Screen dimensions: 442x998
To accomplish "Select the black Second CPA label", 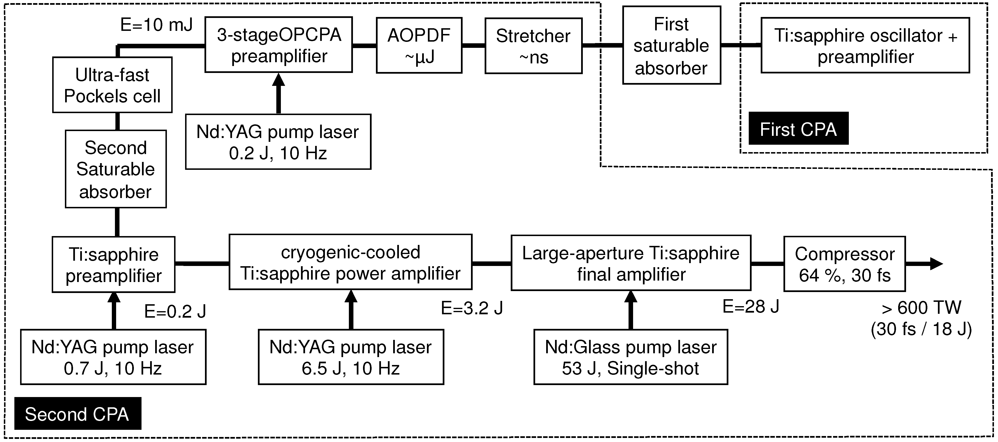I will [78, 414].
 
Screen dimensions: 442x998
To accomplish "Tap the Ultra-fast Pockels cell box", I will [112, 85].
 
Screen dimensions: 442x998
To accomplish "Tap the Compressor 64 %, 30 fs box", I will [844, 264].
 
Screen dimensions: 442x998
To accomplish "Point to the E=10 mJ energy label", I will [156, 25].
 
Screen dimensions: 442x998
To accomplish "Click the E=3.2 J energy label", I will [471, 308].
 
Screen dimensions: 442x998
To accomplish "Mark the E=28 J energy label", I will [750, 307].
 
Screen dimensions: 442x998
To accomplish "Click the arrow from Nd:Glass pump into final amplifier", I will [631, 310].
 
